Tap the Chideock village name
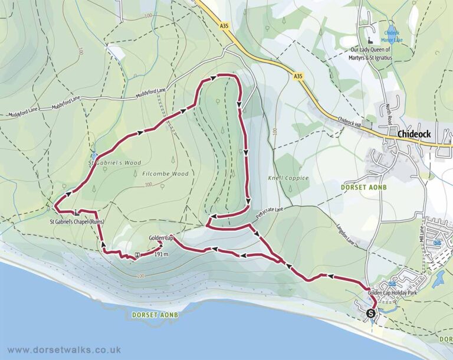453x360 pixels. coord(414,134)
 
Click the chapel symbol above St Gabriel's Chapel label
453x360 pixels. coord(77,213)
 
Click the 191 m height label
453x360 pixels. coord(161,254)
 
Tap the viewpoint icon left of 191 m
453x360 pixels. coord(137,255)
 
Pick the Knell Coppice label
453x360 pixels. coord(289,178)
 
